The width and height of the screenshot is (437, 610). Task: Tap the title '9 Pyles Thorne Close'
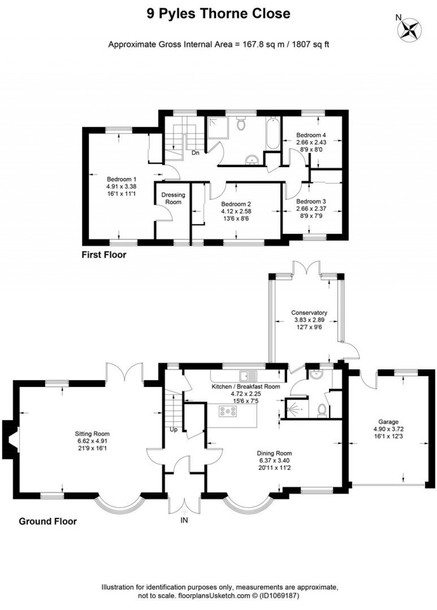pos(218,14)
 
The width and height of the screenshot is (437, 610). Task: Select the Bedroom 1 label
pos(122,179)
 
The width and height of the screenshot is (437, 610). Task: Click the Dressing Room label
pos(173,198)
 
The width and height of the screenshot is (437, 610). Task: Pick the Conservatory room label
pos(309,312)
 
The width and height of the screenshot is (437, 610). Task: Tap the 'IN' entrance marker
pos(184,520)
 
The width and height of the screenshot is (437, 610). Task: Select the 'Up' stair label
pos(174,430)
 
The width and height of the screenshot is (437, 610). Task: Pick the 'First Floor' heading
pos(104,255)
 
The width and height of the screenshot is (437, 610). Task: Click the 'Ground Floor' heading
pos(48,521)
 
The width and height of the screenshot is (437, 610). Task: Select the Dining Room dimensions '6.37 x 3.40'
pos(274,461)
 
